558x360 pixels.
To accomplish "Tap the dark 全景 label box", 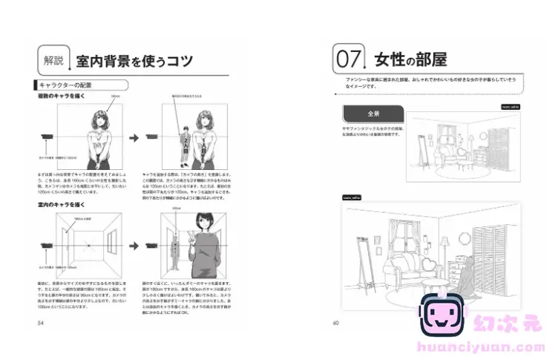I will (x=372, y=115).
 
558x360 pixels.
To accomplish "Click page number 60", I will (x=336, y=323).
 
